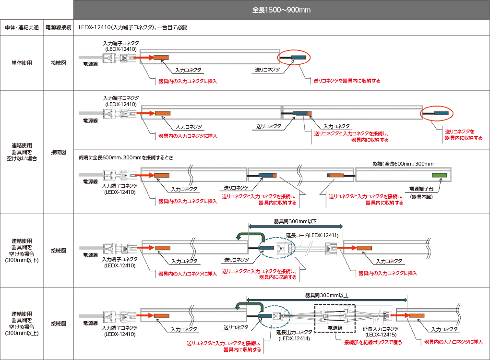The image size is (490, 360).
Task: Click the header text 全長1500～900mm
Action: pyautogui.click(x=281, y=10)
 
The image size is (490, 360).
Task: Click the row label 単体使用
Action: pyautogui.click(x=22, y=62)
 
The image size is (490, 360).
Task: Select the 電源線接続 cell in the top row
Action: pyautogui.click(x=58, y=27)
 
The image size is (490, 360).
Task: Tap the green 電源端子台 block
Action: pyautogui.click(x=439, y=176)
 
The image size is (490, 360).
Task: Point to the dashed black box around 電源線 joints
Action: pyautogui.click(x=334, y=318)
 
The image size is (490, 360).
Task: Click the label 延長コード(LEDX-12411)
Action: pyautogui.click(x=312, y=235)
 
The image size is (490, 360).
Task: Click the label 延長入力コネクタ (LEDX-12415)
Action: pyautogui.click(x=380, y=331)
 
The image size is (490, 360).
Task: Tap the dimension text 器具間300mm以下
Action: pyautogui.click(x=295, y=221)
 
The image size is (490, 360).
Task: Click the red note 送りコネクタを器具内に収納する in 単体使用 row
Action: pyautogui.click(x=347, y=81)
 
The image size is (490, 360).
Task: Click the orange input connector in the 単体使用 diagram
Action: pyautogui.click(x=161, y=58)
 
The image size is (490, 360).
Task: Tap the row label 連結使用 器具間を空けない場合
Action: pyautogui.click(x=22, y=151)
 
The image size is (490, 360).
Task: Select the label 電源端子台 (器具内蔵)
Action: pyautogui.click(x=424, y=192)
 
